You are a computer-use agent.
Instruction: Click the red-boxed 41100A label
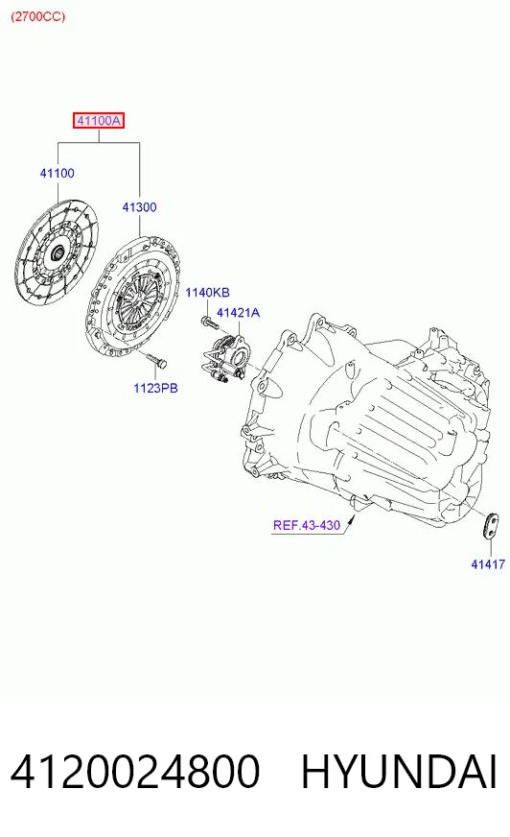pyautogui.click(x=99, y=121)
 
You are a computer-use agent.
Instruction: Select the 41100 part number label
pyautogui.click(x=57, y=173)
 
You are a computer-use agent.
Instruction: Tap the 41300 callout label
pyautogui.click(x=139, y=207)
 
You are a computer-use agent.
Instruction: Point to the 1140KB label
pyautogui.click(x=207, y=293)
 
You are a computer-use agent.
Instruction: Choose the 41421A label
pyautogui.click(x=238, y=313)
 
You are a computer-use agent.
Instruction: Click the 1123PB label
pyautogui.click(x=155, y=388)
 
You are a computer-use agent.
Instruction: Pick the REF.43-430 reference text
pyautogui.click(x=307, y=525)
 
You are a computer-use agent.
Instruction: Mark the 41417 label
pyautogui.click(x=488, y=564)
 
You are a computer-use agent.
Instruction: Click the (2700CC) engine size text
pyautogui.click(x=37, y=16)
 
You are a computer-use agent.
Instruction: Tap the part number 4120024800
pyautogui.click(x=135, y=772)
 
